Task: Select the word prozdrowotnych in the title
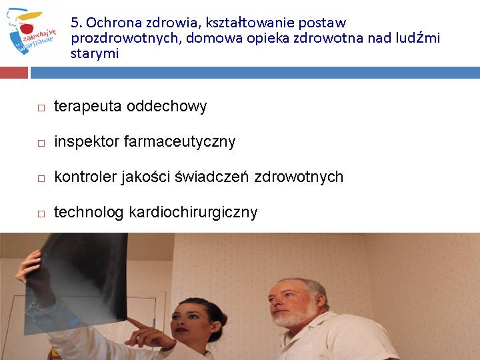[x=125, y=39]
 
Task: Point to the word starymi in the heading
[x=95, y=54]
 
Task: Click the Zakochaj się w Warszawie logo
[x=31, y=31]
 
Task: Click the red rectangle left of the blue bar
[x=14, y=73]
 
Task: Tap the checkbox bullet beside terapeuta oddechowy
[x=41, y=108]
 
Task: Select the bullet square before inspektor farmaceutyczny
[x=41, y=143]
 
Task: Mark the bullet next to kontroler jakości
[x=41, y=178]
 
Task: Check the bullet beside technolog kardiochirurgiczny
[x=41, y=213]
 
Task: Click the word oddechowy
[x=167, y=107]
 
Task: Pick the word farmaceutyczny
[x=179, y=142]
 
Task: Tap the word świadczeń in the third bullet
[x=211, y=177]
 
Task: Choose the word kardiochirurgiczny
[x=193, y=213]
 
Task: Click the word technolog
[x=89, y=213]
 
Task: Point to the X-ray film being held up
[x=77, y=283]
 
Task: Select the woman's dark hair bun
[x=219, y=319]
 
